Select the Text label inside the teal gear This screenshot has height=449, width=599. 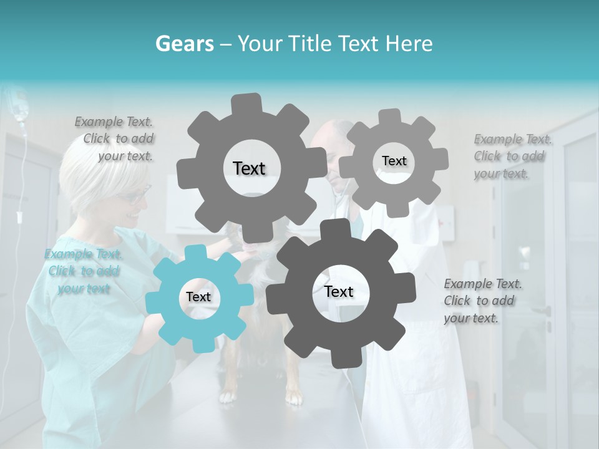tap(198, 297)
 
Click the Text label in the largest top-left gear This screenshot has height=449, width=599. tap(249, 168)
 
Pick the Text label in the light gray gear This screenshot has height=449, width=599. tap(394, 161)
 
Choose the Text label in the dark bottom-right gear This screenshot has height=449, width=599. tap(339, 291)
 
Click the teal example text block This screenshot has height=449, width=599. tap(84, 271)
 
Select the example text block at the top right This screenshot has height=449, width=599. tap(511, 156)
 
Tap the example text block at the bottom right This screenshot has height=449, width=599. tap(482, 301)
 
